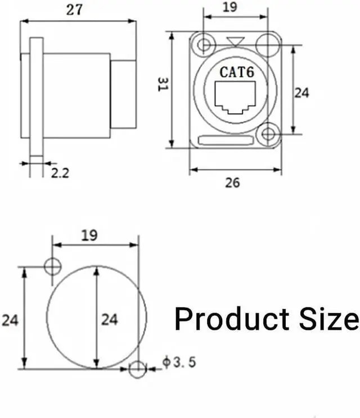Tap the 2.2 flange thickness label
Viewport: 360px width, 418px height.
(60, 174)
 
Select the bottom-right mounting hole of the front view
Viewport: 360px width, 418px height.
(268, 134)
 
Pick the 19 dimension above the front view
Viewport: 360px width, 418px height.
(229, 7)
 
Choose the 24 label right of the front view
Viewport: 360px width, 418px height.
(302, 92)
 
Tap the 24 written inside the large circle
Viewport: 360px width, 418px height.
(109, 320)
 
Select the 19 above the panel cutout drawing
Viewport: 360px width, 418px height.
(89, 235)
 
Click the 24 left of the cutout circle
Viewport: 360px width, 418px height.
(10, 320)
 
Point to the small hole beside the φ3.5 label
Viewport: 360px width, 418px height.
(137, 369)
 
